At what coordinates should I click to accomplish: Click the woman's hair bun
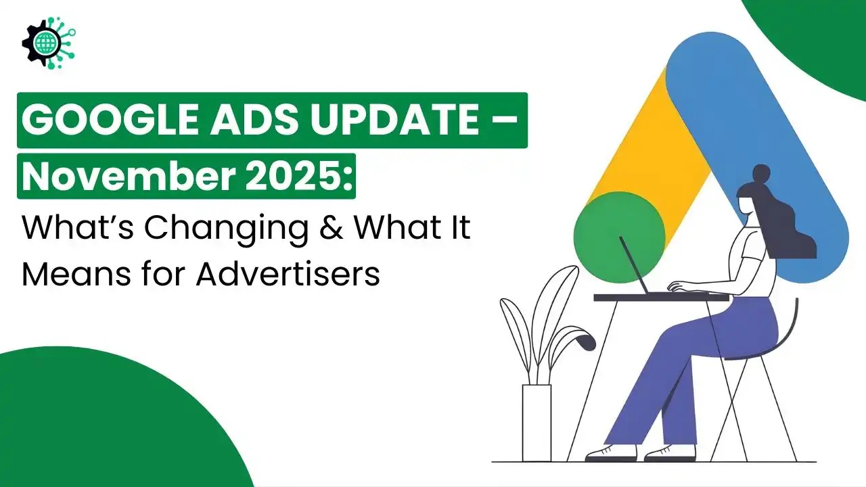point(762,172)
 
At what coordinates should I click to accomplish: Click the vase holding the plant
point(537,422)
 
